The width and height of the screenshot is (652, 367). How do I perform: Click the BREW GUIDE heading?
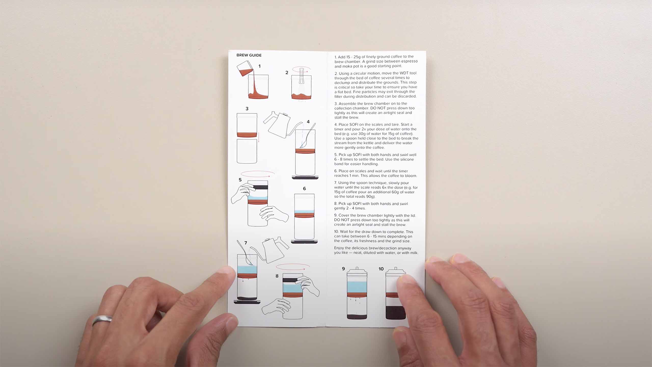coord(249,55)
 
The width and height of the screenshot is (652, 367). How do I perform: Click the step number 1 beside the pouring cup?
coord(259,66)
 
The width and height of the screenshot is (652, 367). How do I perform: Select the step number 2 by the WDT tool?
coord(287,73)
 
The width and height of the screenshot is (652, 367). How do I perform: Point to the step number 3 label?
coord(247,109)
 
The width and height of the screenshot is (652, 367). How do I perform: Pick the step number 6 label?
coord(304,189)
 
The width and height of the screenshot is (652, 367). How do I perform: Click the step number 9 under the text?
coord(343,269)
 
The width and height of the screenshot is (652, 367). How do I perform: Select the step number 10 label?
coord(381,269)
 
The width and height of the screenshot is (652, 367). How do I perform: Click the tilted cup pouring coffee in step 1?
coord(245,68)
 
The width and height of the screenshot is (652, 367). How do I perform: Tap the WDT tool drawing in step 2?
coord(302,76)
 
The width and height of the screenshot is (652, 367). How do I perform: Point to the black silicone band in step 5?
coord(257,187)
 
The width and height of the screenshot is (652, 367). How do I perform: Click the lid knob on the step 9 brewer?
coord(357,268)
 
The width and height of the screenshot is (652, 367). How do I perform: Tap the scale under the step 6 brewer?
coord(305,241)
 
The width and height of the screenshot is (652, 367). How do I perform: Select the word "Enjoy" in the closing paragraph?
coord(339,248)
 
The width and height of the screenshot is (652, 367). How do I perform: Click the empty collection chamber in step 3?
coord(247,151)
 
